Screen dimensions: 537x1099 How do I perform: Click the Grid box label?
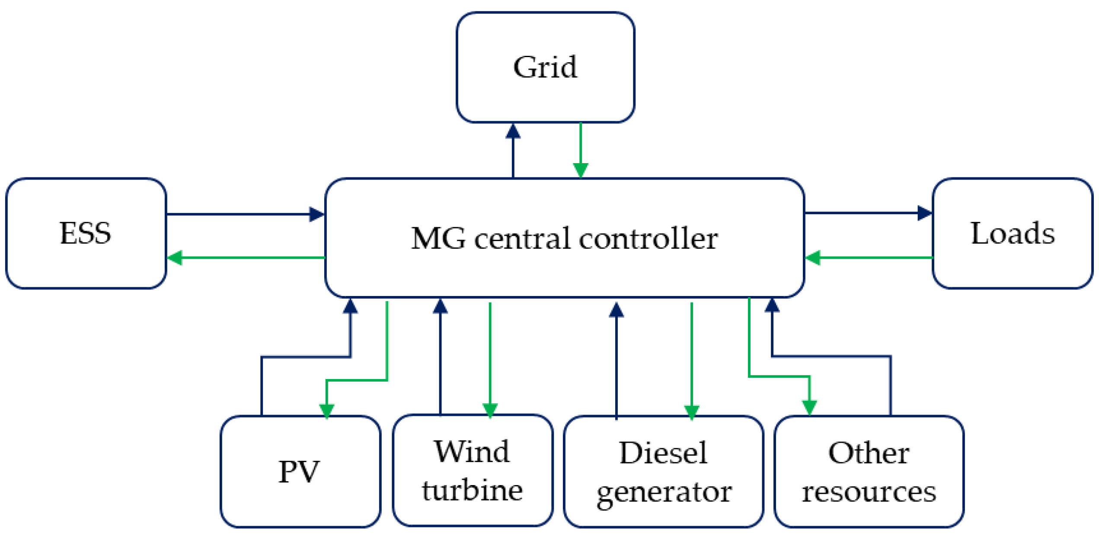click(x=545, y=67)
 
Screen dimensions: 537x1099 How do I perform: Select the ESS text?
click(x=85, y=233)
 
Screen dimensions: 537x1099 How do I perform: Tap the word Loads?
click(x=1013, y=233)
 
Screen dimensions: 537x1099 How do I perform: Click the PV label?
click(x=299, y=471)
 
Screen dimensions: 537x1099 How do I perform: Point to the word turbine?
click(x=472, y=491)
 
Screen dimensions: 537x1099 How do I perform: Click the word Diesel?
click(x=663, y=453)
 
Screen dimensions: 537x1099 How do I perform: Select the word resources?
click(x=869, y=492)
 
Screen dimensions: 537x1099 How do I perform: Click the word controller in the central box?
click(x=648, y=238)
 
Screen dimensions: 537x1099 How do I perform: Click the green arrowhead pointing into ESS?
click(x=175, y=258)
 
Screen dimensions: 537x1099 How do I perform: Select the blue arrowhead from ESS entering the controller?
click(x=316, y=214)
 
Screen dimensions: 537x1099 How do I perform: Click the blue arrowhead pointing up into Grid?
click(x=513, y=131)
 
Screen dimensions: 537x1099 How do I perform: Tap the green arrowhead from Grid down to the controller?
click(x=580, y=170)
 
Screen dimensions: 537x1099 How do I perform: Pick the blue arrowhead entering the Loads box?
click(x=924, y=213)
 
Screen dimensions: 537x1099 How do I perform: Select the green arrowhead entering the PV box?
click(x=326, y=410)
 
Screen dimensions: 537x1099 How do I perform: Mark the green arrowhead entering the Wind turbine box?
click(x=490, y=409)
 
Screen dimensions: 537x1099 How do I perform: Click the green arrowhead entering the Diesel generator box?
click(x=692, y=411)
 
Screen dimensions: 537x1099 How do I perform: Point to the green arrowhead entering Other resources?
click(x=809, y=408)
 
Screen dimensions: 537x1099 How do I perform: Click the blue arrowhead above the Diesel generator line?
click(x=616, y=310)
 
